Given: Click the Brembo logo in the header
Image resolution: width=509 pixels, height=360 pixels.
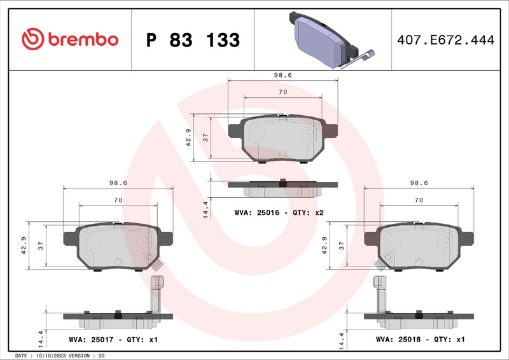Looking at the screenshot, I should point(70,39).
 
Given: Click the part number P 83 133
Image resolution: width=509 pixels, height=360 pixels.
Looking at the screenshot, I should point(193,40).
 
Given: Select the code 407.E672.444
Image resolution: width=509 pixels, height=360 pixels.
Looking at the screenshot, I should point(445,40).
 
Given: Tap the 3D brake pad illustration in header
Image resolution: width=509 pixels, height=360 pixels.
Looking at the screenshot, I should point(324,39).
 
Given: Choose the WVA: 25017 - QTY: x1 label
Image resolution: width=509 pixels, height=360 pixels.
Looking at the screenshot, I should point(113,340).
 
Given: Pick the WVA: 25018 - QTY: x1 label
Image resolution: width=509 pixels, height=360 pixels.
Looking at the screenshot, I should point(421,340).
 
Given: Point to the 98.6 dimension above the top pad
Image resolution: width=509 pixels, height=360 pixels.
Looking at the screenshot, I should point(282,75).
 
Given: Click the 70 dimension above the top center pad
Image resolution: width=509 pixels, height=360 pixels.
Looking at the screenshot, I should point(282,92).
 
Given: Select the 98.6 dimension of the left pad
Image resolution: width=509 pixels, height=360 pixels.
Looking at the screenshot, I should point(118,183).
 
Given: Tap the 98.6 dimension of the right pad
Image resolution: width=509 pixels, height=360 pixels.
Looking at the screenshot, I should point(418,183).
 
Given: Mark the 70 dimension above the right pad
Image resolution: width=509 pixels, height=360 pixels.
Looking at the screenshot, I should point(418,200).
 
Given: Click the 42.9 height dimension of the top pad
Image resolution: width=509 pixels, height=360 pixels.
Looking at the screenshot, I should point(188,137).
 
